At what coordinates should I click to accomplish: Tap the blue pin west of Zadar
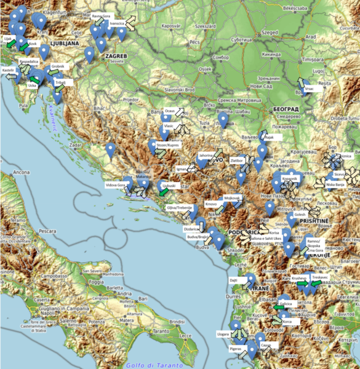tap(110, 148)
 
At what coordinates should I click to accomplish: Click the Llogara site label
tap(223, 334)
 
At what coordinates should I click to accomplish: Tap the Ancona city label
tap(22, 173)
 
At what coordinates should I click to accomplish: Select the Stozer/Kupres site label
tap(168, 146)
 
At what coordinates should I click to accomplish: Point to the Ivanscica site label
tap(118, 23)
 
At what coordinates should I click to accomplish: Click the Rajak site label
tap(268, 137)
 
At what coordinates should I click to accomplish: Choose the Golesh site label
tap(300, 214)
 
